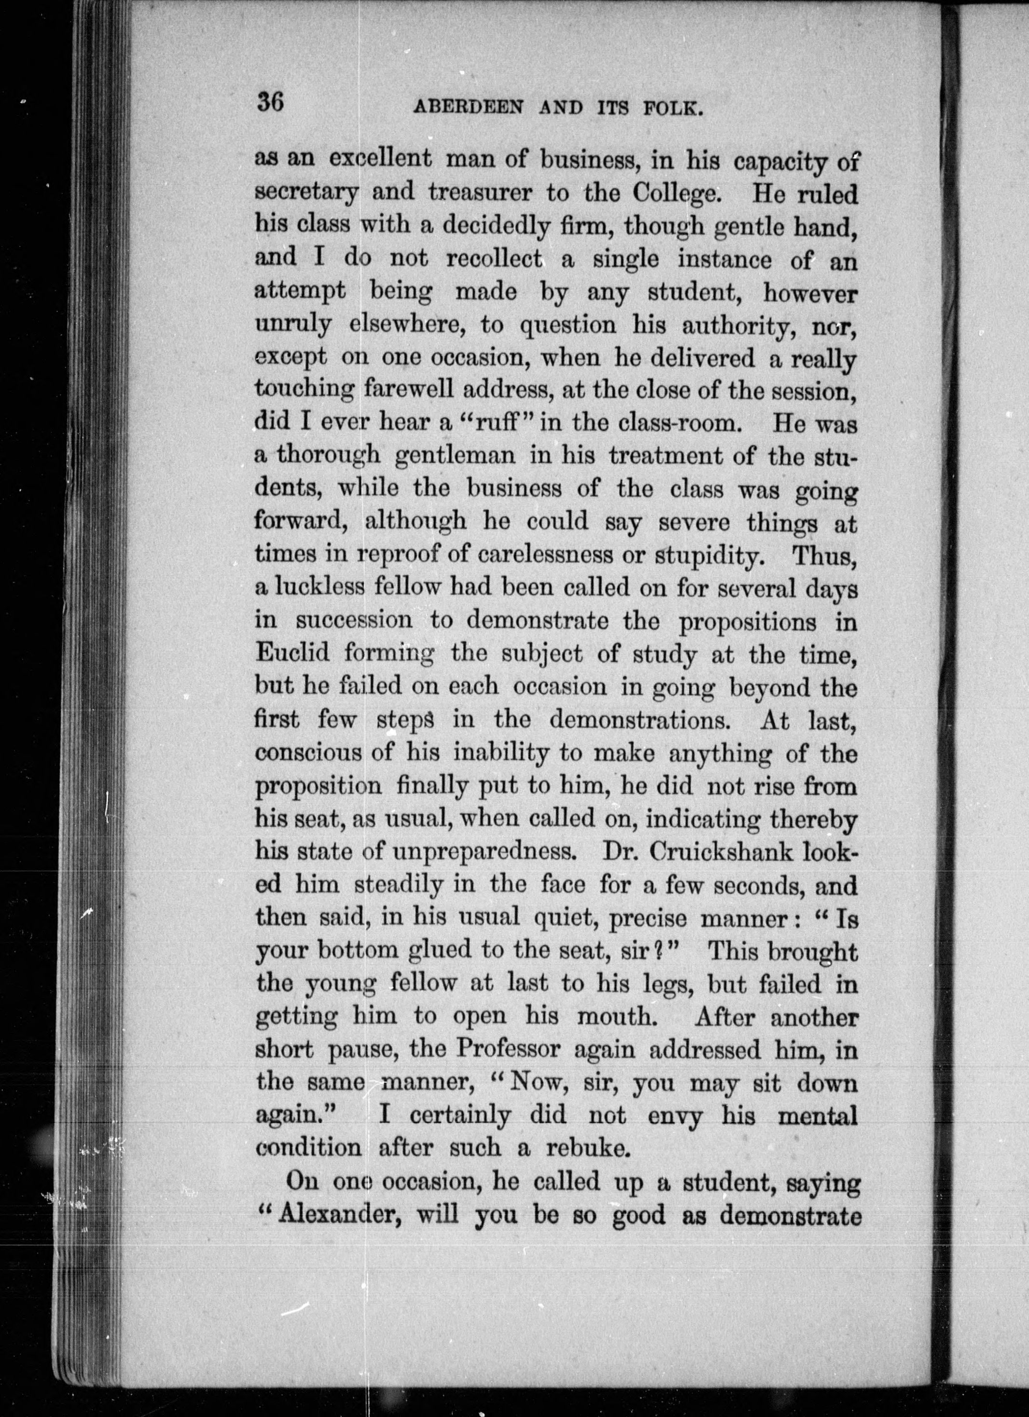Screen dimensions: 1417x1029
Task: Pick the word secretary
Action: click(306, 193)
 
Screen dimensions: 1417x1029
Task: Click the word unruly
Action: click(292, 325)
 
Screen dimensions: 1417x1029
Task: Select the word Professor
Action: click(507, 1049)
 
